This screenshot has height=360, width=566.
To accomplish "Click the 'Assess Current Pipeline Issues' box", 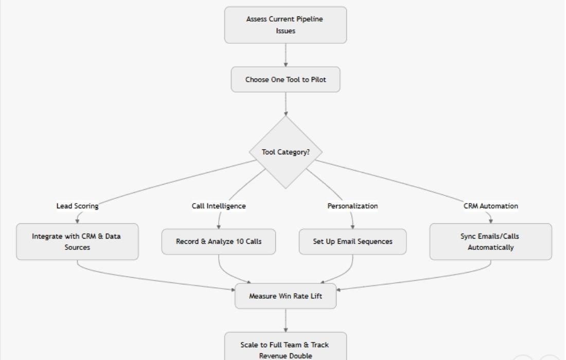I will (x=286, y=25).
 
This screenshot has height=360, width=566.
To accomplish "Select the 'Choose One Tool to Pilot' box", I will (x=286, y=80).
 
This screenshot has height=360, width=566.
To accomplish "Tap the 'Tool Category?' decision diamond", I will (x=286, y=152).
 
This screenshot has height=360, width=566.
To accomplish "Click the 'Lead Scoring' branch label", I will (x=77, y=206).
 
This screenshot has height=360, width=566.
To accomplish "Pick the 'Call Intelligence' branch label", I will (x=219, y=206).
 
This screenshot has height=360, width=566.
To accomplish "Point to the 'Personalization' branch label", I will (x=352, y=206).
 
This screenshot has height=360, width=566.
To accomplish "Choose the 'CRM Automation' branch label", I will (x=490, y=206).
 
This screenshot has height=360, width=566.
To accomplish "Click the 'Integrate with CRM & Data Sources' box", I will (x=77, y=242).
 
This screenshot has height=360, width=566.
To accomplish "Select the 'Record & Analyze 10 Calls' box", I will (x=219, y=242).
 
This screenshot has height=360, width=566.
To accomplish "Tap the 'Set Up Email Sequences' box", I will (x=352, y=242).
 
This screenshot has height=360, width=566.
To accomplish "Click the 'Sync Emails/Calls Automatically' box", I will (x=490, y=242).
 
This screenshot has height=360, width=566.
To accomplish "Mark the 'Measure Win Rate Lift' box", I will (x=286, y=296).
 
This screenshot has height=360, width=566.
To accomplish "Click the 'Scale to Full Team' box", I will (x=286, y=347).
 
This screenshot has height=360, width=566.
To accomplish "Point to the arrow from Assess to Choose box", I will (x=286, y=55).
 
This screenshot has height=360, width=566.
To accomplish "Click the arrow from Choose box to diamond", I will (x=286, y=104).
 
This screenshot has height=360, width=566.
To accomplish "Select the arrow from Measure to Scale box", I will (x=286, y=320).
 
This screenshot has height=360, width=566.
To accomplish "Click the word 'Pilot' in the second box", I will (x=318, y=80).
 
